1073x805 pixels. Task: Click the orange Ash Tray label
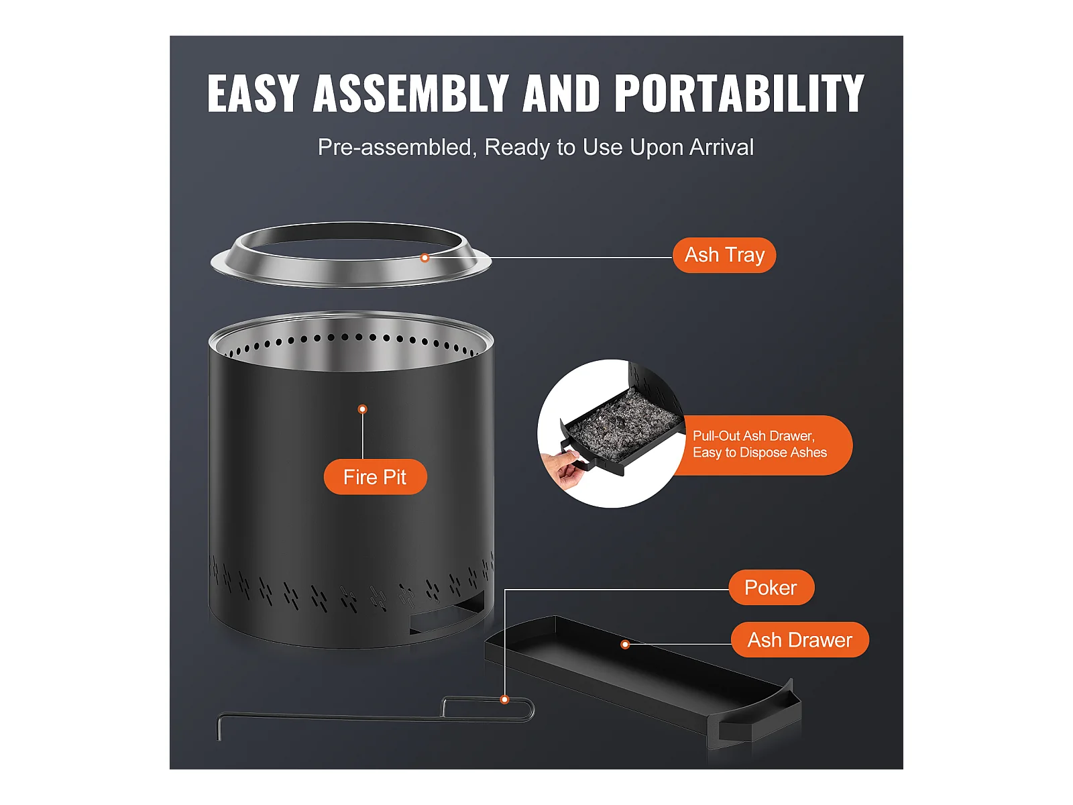[724, 255]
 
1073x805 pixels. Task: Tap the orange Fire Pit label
[375, 477]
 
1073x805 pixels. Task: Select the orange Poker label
[771, 588]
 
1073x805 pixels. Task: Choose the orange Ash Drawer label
[800, 640]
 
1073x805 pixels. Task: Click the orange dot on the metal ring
[425, 258]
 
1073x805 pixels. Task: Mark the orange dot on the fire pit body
[362, 409]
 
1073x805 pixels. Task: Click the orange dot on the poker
[504, 700]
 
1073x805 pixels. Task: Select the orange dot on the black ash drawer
[625, 645]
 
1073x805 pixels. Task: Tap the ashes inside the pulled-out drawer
[623, 423]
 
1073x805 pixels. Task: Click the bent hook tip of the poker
[219, 729]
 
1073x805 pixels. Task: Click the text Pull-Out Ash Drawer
[753, 436]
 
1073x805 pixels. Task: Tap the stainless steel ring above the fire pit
[351, 255]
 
